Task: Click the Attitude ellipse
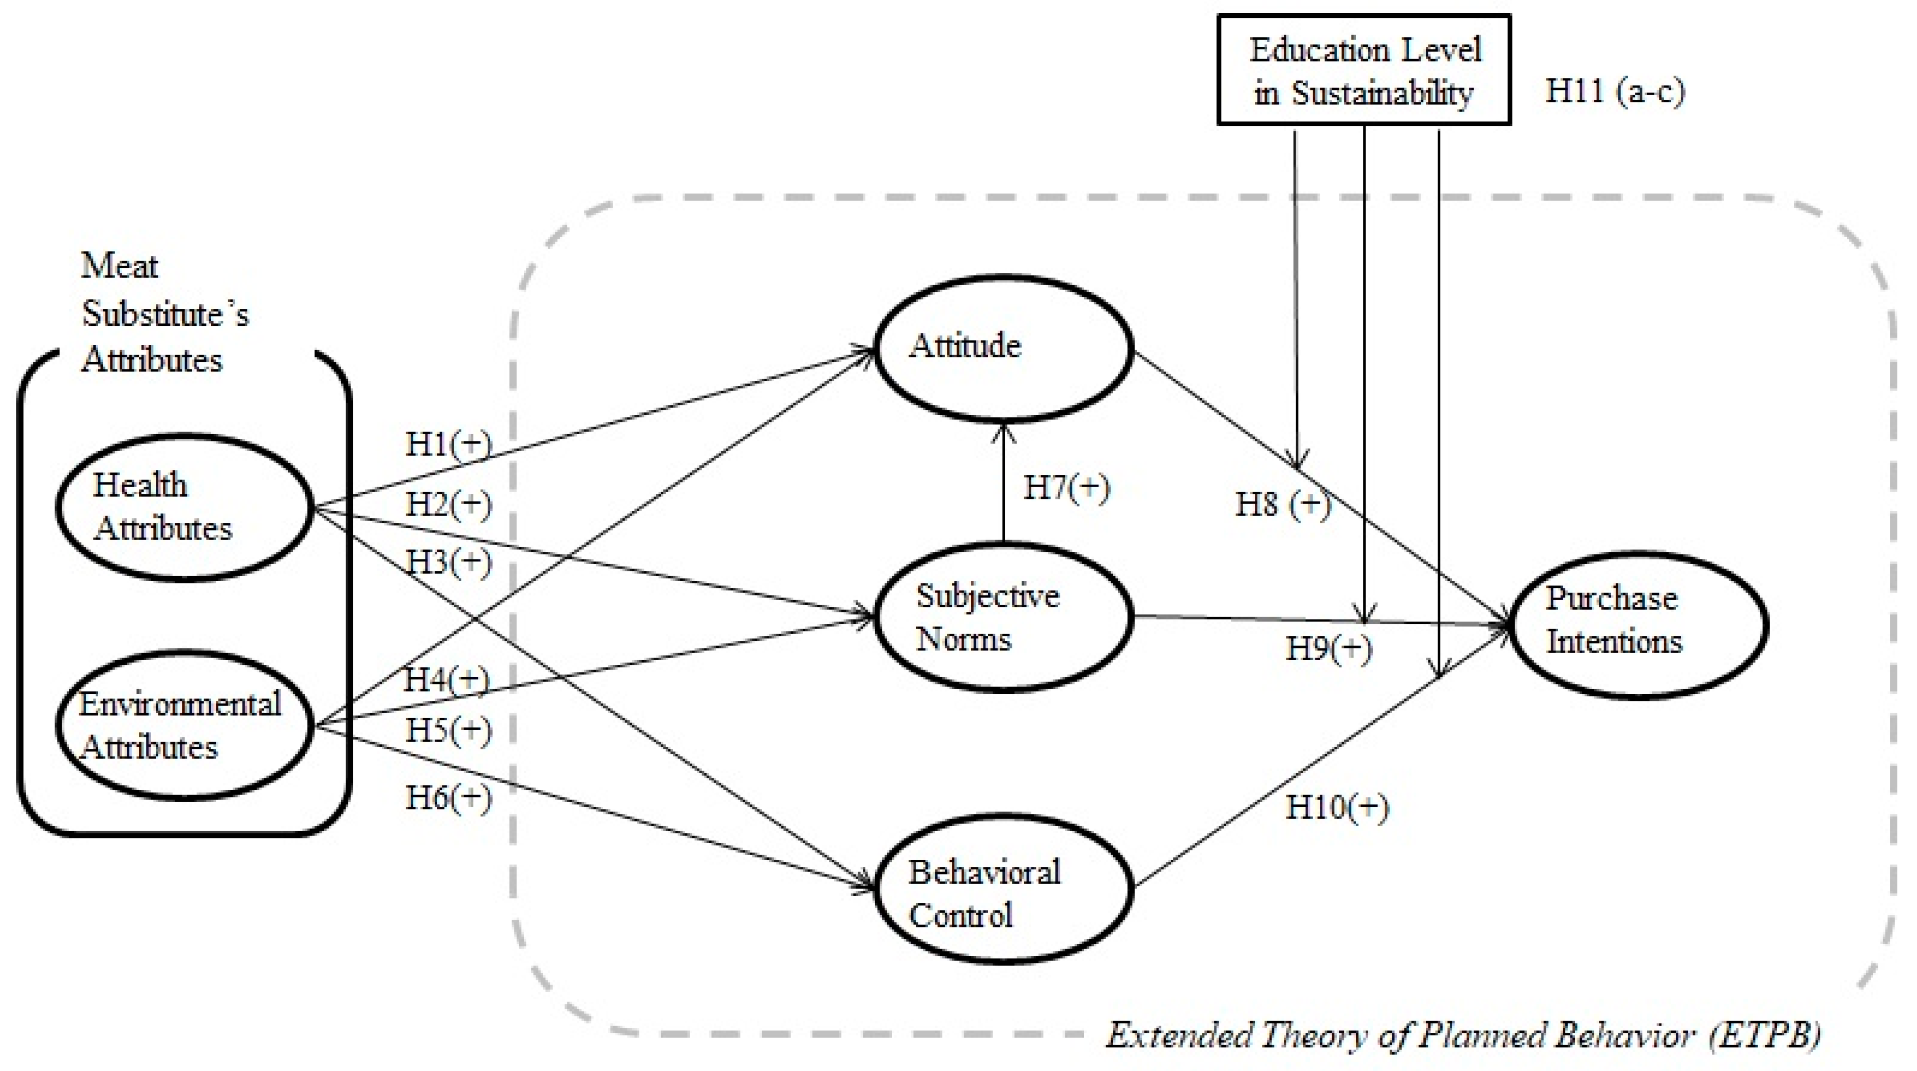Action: point(1003,348)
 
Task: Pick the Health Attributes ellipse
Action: point(184,507)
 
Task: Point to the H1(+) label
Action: point(448,444)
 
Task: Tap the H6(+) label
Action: point(448,798)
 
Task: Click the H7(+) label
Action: point(1066,488)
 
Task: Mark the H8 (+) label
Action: point(1281,504)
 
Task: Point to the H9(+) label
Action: point(1329,649)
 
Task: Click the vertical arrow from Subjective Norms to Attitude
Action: point(1003,484)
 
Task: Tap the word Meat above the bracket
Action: point(119,266)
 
